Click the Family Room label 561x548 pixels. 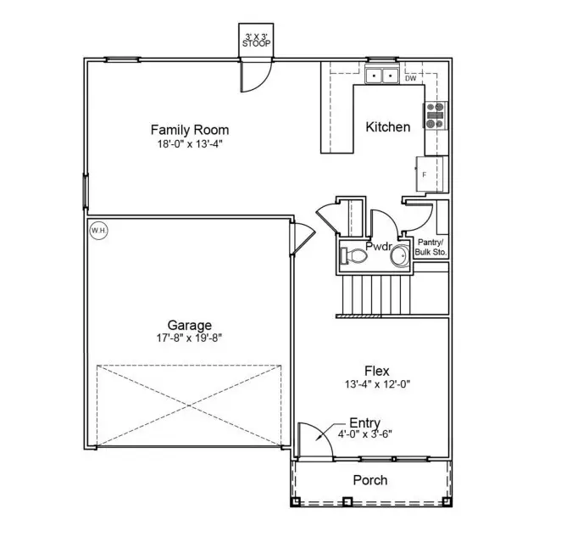click(189, 130)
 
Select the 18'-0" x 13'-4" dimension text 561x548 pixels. click(189, 144)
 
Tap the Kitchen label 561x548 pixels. click(387, 127)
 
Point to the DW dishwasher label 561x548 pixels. click(410, 78)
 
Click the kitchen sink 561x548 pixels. click(382, 76)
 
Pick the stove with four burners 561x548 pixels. click(434, 115)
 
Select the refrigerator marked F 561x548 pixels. click(428, 174)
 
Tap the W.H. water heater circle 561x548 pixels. click(98, 229)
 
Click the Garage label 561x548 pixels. click(189, 325)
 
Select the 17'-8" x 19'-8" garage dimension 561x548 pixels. click(189, 338)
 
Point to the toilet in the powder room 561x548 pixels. click(353, 254)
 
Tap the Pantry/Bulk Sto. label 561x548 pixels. click(430, 247)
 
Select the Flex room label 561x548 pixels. click(376, 371)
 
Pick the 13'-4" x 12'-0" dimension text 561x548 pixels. click(376, 384)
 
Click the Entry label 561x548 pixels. click(364, 423)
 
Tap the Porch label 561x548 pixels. click(369, 480)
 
